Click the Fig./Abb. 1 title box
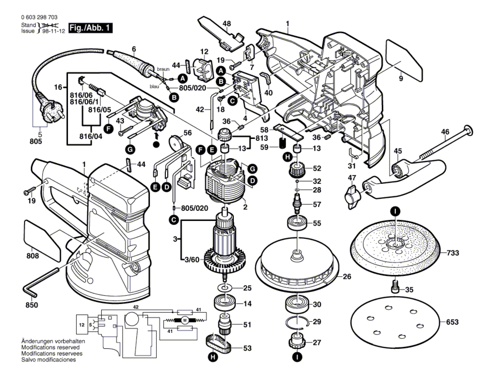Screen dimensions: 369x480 (90, 28)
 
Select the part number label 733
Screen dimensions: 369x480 (453, 253)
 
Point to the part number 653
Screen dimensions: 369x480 (452, 322)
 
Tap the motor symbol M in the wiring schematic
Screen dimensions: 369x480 (185, 321)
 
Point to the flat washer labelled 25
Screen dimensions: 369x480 (224, 288)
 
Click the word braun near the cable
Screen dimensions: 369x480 (163, 69)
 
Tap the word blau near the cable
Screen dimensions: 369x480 (154, 87)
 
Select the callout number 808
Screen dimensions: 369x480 (32, 256)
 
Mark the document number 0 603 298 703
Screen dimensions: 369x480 (39, 17)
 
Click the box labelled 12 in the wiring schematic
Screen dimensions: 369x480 (82, 325)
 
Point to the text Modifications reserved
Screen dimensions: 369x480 (50, 347)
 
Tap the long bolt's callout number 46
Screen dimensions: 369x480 (445, 132)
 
